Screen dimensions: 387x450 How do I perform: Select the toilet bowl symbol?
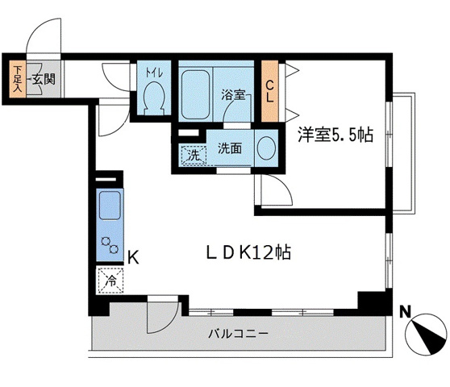(x=152, y=99)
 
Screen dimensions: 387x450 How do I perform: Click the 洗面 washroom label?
(x=230, y=148)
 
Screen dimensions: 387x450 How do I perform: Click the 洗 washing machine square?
(x=194, y=154)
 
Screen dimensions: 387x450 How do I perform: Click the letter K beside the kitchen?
(x=134, y=258)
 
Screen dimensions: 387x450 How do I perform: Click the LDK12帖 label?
(x=246, y=252)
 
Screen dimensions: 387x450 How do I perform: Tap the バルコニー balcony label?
(x=240, y=334)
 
